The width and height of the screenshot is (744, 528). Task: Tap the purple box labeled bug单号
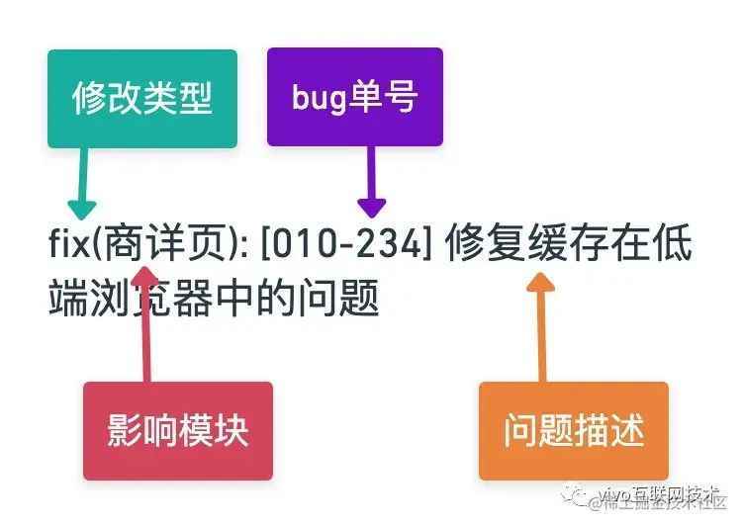click(x=354, y=97)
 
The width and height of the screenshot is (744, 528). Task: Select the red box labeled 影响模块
click(x=177, y=431)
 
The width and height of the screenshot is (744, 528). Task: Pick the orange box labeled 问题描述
click(x=573, y=431)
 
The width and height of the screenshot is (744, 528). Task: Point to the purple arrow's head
click(x=371, y=207)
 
